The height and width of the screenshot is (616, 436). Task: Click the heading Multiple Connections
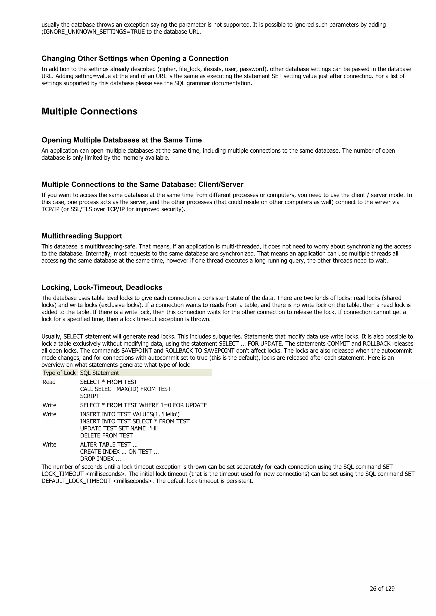coord(89,111)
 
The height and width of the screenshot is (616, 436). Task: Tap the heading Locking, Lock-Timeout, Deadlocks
coord(102,287)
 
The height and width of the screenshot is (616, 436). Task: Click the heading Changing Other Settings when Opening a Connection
coord(135,58)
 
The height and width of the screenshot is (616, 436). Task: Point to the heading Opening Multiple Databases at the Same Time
coord(121,140)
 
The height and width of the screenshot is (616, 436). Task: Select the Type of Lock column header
coord(59,373)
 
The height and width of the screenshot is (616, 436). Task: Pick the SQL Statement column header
coord(99,373)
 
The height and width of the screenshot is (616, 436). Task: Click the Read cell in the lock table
coord(49,382)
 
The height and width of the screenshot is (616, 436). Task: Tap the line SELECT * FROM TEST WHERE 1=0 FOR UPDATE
coord(143,405)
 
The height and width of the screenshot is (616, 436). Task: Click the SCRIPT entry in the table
coord(90,396)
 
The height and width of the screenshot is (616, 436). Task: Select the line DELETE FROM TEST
coord(106,436)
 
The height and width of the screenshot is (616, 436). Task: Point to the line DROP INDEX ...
coord(100,458)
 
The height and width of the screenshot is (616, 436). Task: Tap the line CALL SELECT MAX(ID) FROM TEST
coord(125,389)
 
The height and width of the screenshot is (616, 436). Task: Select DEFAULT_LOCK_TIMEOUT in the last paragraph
coord(76,481)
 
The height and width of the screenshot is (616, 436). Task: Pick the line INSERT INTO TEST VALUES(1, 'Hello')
coord(130,414)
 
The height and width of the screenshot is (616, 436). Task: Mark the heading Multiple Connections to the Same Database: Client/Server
coord(142,185)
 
